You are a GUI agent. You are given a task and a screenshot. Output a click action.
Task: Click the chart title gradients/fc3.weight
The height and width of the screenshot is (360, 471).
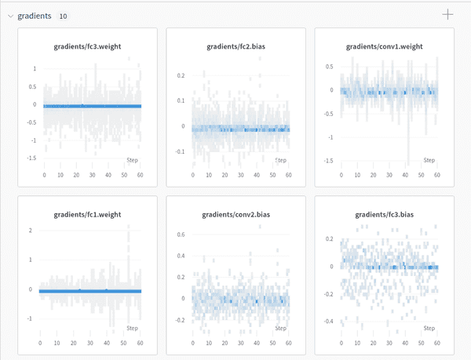[87, 46]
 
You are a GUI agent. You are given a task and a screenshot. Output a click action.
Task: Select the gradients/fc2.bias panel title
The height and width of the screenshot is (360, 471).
[235, 46]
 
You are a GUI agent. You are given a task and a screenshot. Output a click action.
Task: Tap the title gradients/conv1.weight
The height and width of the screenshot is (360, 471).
[384, 46]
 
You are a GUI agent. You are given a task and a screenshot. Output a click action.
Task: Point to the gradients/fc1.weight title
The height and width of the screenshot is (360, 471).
[87, 214]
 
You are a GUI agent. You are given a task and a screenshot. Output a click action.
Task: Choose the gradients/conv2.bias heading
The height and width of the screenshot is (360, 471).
[235, 214]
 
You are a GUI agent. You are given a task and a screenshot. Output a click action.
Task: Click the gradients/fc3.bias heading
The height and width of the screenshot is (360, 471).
[384, 214]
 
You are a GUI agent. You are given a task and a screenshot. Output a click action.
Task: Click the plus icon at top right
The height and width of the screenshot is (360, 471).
[448, 14]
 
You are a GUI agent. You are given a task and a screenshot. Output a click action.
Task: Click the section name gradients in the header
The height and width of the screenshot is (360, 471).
[35, 15]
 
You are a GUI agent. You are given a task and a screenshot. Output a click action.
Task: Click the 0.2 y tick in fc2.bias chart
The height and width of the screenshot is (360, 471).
[181, 75]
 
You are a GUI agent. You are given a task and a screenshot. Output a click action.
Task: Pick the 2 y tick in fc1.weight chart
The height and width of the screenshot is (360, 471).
[31, 230]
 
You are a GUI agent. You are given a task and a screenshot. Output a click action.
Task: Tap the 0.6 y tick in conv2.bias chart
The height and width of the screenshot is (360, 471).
[181, 235]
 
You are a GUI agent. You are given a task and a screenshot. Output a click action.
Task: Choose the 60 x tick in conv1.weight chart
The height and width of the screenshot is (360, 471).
[438, 175]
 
